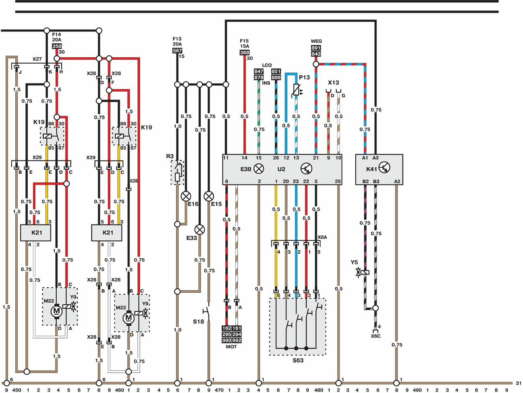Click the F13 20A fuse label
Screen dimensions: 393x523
(x=177, y=42)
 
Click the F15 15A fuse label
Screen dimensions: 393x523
(x=244, y=44)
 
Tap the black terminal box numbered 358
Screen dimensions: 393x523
(x=57, y=46)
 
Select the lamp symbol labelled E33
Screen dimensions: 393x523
(x=200, y=230)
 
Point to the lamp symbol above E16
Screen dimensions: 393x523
(x=186, y=196)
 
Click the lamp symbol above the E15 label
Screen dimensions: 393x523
(x=208, y=196)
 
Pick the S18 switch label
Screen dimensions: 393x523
(x=198, y=321)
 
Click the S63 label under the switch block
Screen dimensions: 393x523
(x=298, y=360)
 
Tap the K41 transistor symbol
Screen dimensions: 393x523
(x=384, y=169)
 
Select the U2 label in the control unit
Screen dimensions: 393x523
(x=281, y=169)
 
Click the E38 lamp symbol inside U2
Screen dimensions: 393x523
(x=259, y=169)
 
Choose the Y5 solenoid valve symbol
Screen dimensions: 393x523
(x=363, y=272)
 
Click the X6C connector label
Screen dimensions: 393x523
(x=375, y=336)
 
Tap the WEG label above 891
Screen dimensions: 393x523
(x=316, y=41)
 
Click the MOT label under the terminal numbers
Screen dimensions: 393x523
(x=231, y=347)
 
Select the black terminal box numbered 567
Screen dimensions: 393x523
(x=177, y=51)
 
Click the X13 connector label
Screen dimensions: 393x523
(x=334, y=83)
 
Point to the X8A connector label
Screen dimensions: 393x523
(x=322, y=237)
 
